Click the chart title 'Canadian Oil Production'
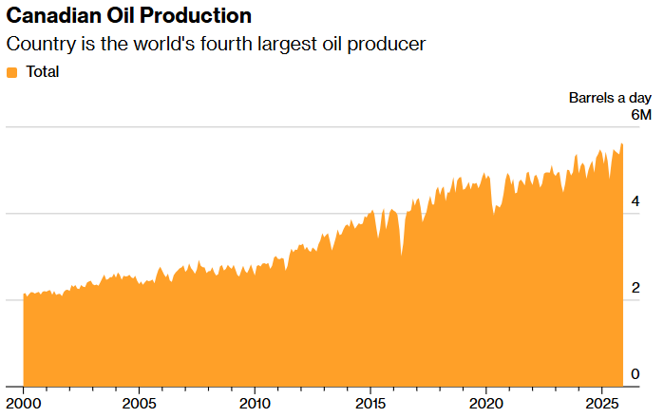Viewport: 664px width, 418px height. tap(129, 16)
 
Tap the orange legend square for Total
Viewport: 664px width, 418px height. tap(12, 72)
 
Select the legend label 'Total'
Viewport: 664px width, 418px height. tap(43, 72)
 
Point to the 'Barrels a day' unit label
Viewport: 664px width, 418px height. tap(610, 98)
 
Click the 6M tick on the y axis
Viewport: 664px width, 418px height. tap(641, 115)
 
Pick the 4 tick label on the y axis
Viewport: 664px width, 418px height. tap(646, 201)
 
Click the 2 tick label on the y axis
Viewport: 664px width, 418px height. tap(646, 288)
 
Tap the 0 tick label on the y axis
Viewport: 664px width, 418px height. tap(646, 373)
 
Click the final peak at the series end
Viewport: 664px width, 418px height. tap(621, 144)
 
